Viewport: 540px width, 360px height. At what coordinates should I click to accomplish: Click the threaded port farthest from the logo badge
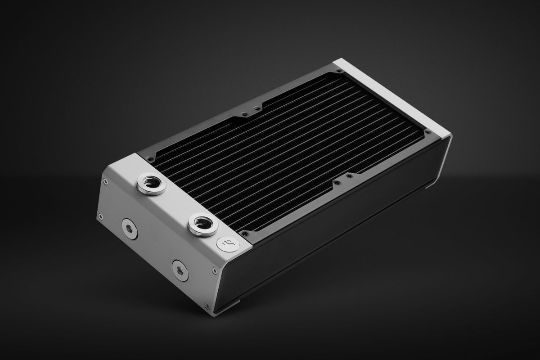152,183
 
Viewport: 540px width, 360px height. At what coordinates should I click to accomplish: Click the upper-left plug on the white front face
129,228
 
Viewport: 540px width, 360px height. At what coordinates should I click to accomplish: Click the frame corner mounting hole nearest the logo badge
245,233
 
